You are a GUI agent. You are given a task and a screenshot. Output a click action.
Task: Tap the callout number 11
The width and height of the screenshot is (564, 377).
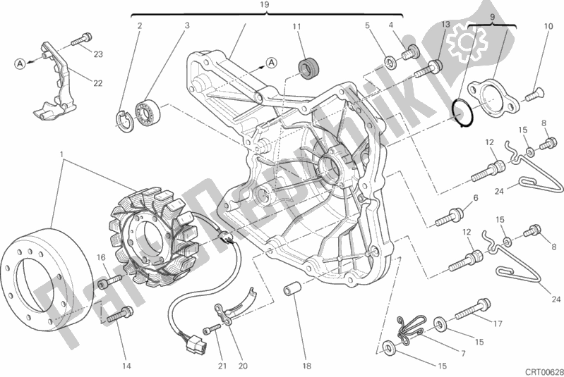[x=297, y=27]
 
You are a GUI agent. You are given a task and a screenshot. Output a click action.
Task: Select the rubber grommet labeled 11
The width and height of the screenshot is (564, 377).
[x=306, y=68]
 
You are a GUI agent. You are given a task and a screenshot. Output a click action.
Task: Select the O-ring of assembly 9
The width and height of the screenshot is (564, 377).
[x=462, y=113]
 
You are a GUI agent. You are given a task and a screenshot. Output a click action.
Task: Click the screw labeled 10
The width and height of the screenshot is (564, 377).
[x=535, y=91]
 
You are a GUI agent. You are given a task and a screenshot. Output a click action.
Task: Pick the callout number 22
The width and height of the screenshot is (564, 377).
[x=97, y=84]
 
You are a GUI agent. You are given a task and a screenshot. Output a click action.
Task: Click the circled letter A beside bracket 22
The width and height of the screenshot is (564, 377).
[x=22, y=63]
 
